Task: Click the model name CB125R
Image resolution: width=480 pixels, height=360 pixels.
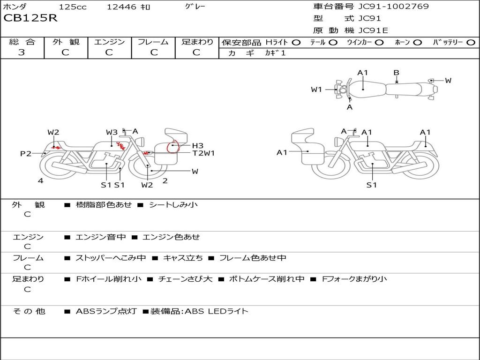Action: [30, 18]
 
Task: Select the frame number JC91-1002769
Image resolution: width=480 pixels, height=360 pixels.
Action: [393, 7]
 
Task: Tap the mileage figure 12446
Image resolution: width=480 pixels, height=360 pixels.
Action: [121, 7]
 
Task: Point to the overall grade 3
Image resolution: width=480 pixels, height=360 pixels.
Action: [22, 52]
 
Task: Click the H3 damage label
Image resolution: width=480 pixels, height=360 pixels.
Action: [198, 146]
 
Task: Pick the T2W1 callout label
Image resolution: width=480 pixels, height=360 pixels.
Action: [203, 153]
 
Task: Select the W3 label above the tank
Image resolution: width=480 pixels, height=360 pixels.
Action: [112, 132]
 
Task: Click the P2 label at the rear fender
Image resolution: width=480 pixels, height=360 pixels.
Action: [26, 153]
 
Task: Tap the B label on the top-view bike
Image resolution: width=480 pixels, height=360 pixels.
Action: [397, 73]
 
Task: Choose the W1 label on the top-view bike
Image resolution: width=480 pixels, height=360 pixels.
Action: [316, 90]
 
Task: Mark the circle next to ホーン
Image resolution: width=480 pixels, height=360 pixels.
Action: [418, 43]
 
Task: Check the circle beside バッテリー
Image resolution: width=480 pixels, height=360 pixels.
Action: [471, 43]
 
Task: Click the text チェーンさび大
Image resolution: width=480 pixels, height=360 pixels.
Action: [185, 279]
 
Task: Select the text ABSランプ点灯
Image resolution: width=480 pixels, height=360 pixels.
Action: [106, 311]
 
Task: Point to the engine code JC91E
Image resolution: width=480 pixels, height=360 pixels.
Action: [373, 30]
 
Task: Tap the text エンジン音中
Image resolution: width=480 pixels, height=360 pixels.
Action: [101, 237]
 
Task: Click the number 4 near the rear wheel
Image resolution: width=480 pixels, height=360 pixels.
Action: [40, 180]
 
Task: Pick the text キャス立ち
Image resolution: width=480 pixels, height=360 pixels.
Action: [183, 258]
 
